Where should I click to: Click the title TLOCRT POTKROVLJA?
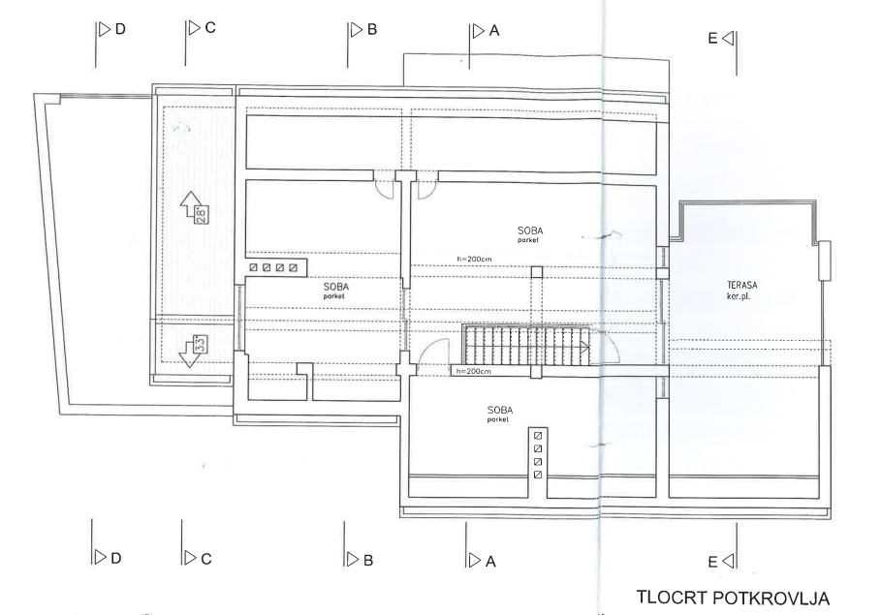click(x=733, y=598)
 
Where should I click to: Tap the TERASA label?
click(x=742, y=286)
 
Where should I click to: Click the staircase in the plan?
click(x=526, y=344)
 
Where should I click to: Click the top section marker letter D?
click(x=119, y=29)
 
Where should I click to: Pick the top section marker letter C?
click(x=210, y=27)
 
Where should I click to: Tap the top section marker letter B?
click(x=372, y=30)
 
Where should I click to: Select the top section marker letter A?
click(x=494, y=31)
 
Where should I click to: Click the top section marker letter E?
click(x=713, y=38)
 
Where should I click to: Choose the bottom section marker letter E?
click(x=713, y=562)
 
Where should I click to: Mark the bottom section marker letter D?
click(x=115, y=558)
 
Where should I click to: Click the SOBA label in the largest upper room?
click(x=530, y=231)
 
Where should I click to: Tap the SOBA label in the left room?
click(x=336, y=287)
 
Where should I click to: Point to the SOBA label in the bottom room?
click(x=500, y=411)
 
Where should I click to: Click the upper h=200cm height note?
click(x=474, y=259)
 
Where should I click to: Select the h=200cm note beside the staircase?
click(x=473, y=371)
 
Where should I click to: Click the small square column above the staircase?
click(x=537, y=272)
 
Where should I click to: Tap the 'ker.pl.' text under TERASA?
click(x=739, y=296)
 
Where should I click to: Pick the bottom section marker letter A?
click(x=490, y=561)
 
